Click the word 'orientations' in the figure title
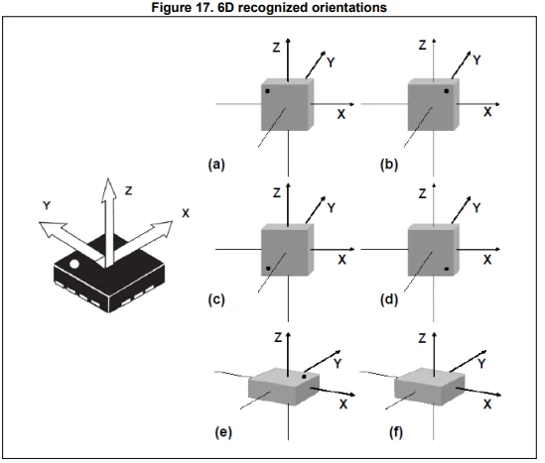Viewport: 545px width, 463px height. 349,7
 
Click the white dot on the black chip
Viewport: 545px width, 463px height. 74,264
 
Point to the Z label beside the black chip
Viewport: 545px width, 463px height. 129,190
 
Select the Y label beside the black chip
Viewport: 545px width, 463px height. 47,205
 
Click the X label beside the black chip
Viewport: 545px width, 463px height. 186,213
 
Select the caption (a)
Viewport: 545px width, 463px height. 216,165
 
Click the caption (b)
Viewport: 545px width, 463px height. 389,165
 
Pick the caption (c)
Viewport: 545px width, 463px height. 216,299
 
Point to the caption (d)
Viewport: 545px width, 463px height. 389,299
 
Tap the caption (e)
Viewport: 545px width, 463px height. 223,432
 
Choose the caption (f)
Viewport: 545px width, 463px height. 396,432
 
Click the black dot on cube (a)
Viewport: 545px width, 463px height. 267,91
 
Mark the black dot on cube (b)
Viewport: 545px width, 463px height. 447,91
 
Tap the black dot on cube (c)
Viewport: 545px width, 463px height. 268,269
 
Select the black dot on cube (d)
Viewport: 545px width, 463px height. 447,269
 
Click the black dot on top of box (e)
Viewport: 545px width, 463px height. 304,377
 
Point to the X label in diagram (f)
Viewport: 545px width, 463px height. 487,405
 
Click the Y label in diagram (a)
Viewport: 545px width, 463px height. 331,62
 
